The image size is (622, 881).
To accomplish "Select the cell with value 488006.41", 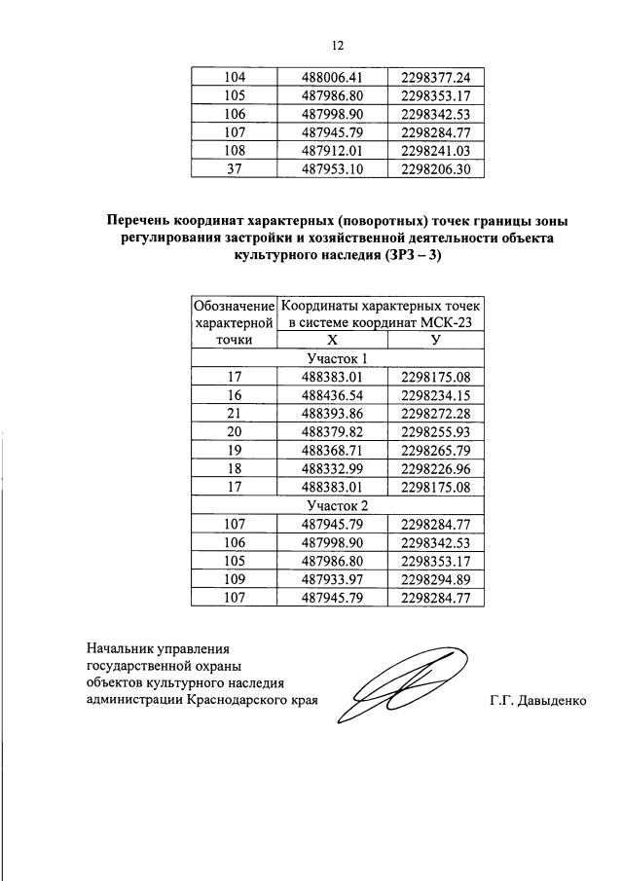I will [x=332, y=77].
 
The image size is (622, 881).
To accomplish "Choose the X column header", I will [x=332, y=340].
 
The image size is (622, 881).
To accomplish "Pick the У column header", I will [x=435, y=340].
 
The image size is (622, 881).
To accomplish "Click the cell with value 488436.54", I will [x=332, y=394].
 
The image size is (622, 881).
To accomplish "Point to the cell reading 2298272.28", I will [x=435, y=413].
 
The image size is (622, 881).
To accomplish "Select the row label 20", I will [x=235, y=431].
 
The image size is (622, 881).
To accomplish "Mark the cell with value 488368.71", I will [x=332, y=450].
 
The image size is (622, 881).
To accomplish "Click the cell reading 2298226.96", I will [x=435, y=468].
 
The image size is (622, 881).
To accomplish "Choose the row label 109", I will [x=235, y=579].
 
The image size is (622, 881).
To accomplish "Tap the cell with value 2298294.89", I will [x=435, y=579].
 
